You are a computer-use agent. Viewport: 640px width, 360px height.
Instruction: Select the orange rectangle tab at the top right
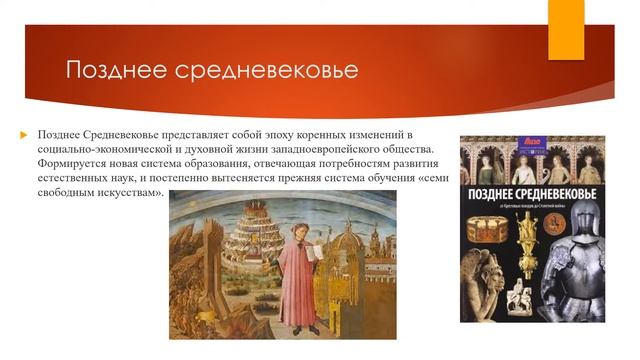coord(566,29)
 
